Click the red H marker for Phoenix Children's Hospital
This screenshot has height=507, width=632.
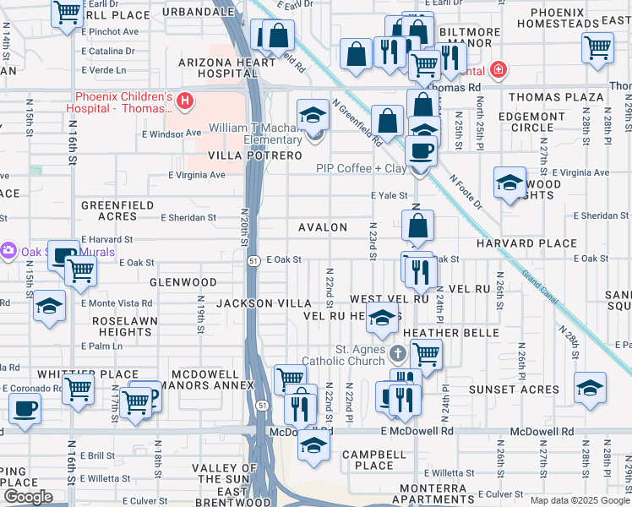(x=185, y=103)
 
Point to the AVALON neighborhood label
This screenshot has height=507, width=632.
(x=322, y=227)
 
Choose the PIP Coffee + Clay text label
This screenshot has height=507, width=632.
(x=361, y=168)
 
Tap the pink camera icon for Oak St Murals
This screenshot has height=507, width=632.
(x=8, y=251)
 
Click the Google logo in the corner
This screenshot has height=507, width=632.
(x=28, y=497)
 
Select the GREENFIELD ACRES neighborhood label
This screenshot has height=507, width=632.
(x=117, y=210)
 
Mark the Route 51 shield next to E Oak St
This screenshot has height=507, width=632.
(x=253, y=260)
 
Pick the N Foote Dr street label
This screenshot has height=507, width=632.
(x=465, y=193)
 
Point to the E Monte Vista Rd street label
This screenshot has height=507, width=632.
(x=117, y=303)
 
